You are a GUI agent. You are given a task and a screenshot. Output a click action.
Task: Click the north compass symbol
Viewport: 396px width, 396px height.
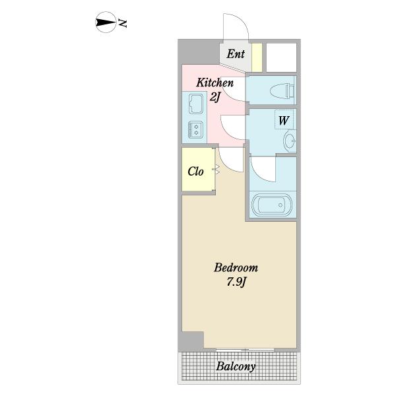point(106,22)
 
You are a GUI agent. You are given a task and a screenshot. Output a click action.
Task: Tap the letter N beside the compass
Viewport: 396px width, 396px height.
point(123,23)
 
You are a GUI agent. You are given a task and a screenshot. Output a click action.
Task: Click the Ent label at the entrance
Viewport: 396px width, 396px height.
point(236,54)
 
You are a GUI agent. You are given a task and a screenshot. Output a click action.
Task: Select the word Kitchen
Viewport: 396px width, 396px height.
point(215,83)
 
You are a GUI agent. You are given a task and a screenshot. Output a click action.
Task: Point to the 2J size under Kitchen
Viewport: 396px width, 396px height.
point(214,97)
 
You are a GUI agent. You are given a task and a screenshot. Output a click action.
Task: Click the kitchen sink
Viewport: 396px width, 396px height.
point(197,104)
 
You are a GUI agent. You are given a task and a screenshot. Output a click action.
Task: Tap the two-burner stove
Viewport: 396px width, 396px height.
point(195,129)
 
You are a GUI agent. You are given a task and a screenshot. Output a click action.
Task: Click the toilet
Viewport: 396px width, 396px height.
point(282,90)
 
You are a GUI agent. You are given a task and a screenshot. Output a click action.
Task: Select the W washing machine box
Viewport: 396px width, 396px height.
point(284,119)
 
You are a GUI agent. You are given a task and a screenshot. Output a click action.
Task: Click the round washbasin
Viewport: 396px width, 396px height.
point(290,140)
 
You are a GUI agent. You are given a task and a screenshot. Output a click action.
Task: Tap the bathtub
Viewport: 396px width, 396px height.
point(271,205)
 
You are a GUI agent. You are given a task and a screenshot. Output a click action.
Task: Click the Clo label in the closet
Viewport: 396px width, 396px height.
point(195,172)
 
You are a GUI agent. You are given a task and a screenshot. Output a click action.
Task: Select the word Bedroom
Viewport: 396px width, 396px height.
point(236,268)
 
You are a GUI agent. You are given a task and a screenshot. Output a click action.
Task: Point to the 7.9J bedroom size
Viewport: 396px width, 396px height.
point(236,282)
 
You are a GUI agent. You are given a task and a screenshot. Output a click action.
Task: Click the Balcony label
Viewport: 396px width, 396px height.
point(236,366)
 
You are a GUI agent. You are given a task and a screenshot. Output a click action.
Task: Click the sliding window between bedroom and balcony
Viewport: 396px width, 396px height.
point(246,350)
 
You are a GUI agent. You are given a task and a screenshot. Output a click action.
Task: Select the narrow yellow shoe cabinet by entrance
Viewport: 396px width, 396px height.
point(257,57)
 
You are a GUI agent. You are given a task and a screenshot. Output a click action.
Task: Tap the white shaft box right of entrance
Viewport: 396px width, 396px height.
point(281,57)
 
